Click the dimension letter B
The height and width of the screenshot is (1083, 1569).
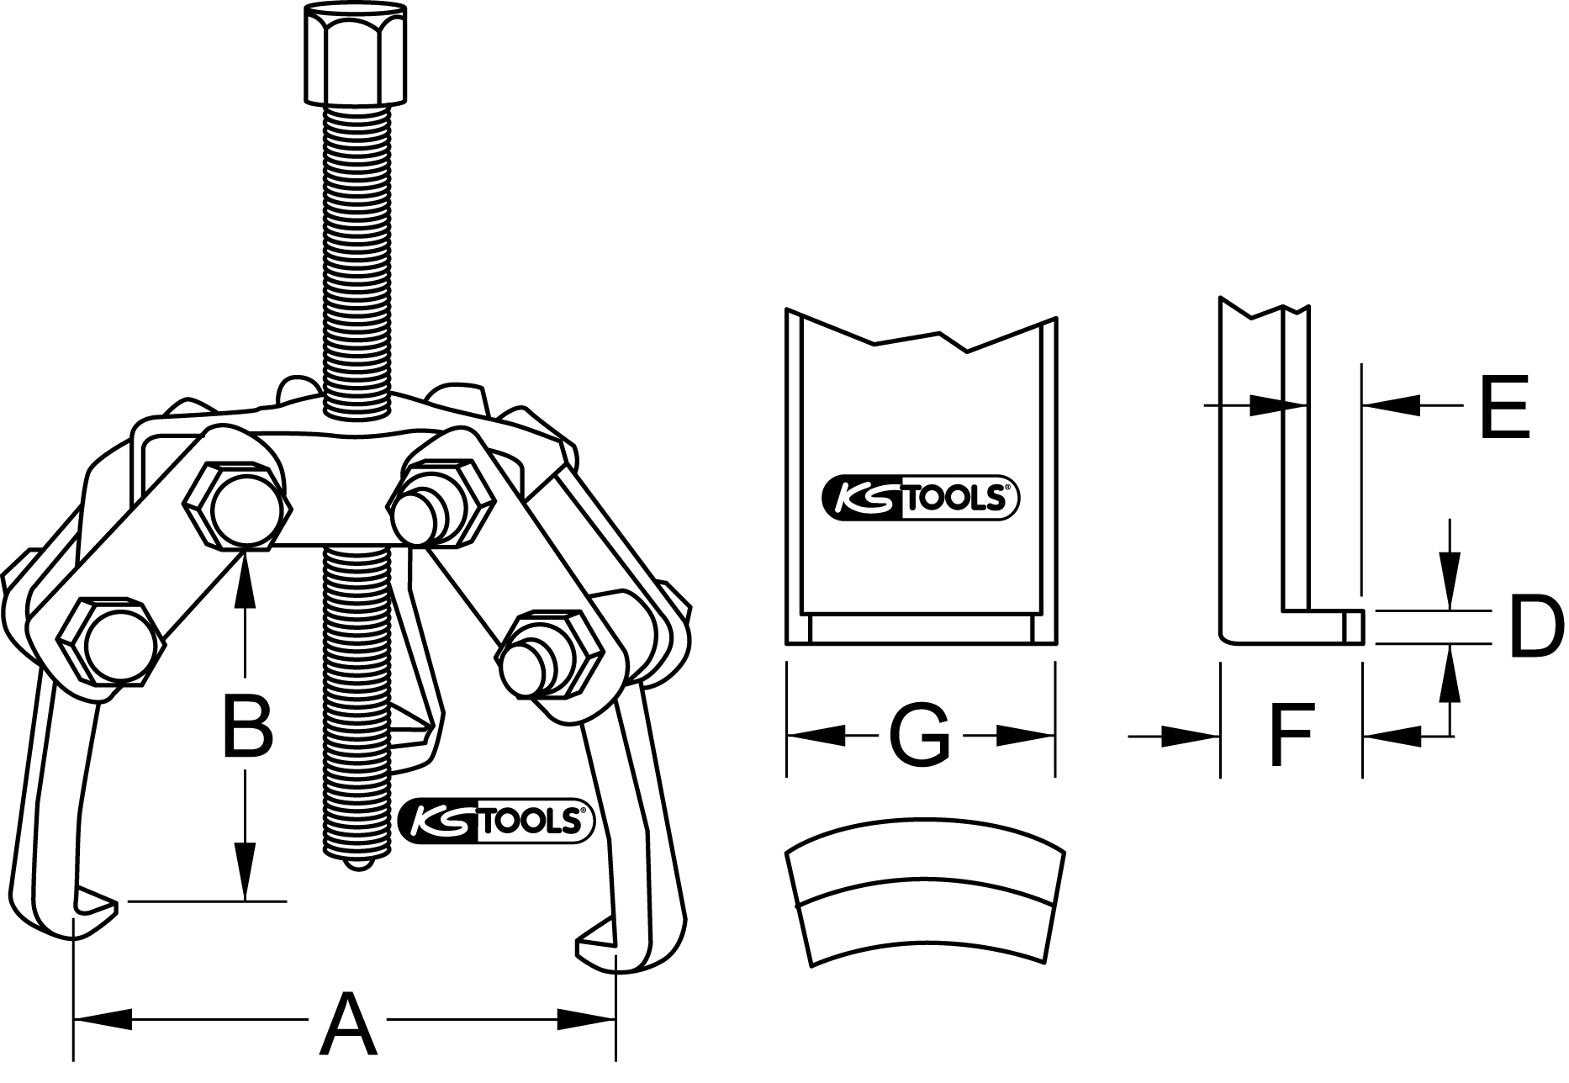[246, 724]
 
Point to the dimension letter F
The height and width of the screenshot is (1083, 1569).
[1291, 736]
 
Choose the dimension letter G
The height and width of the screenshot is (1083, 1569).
[919, 736]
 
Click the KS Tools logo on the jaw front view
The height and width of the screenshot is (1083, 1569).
[919, 498]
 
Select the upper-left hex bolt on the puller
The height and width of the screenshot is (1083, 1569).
[239, 506]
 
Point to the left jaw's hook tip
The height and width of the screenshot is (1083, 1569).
[97, 906]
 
